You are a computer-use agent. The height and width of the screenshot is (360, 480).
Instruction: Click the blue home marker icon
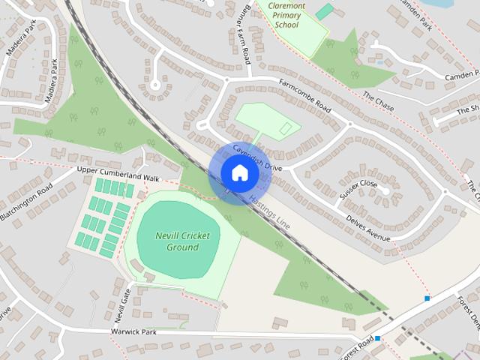[239, 173]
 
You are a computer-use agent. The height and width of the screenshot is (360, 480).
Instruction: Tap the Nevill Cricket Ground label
[183, 241]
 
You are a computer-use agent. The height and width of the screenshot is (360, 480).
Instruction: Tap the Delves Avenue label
[368, 228]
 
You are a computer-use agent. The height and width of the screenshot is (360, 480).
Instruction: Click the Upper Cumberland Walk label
[118, 174]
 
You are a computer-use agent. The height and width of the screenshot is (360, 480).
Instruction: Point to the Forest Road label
[355, 346]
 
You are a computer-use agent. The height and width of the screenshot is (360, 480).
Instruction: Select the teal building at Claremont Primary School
[324, 11]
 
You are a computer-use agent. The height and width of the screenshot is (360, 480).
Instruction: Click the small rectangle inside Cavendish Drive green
[286, 130]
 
